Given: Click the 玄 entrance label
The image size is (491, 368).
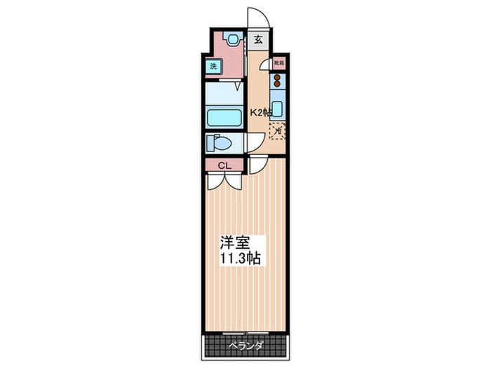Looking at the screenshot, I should click(x=258, y=40).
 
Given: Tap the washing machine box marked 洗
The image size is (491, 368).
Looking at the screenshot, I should click(x=213, y=67).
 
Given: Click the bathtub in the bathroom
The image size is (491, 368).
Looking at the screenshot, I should click(x=224, y=116).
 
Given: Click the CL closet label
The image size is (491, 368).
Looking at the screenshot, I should click(x=224, y=165).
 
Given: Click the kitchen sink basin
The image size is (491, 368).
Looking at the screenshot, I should click(x=278, y=109).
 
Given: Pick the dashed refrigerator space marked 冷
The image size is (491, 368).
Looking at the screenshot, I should click(x=278, y=130).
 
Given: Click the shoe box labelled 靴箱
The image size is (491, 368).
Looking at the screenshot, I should click(x=278, y=63).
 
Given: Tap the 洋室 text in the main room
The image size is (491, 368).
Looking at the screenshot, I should click(x=235, y=243).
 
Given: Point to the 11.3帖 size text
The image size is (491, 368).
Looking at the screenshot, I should click(x=242, y=259).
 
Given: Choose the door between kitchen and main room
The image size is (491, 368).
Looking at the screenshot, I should click(x=257, y=165).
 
